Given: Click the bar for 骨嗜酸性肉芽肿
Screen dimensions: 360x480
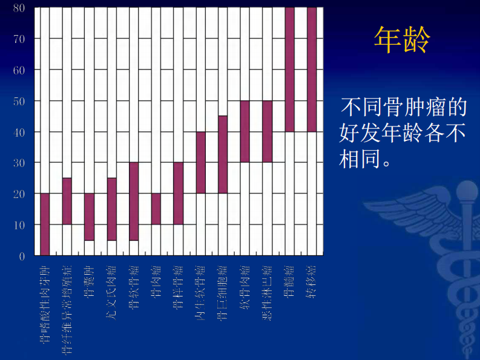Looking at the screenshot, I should [45, 224].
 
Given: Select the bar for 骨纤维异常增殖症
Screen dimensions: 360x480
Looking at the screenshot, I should [67, 201].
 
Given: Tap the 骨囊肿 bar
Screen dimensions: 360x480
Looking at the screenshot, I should [89, 216].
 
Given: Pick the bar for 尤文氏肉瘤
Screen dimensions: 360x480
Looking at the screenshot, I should [111, 209].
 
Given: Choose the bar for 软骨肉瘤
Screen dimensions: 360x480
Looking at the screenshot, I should [245, 131].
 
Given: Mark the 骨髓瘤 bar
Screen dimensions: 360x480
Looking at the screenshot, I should [289, 70].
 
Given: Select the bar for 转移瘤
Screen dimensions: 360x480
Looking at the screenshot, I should [312, 70].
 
